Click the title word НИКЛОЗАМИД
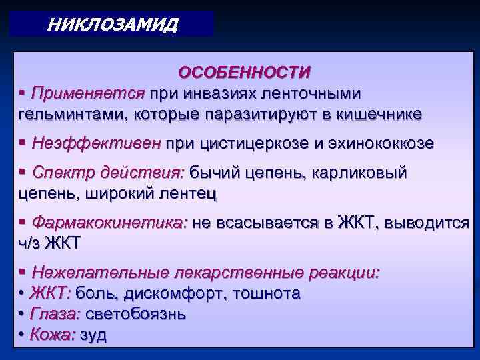[113, 25]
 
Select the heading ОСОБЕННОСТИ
[244, 71]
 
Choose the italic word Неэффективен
[96, 143]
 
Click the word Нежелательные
[100, 273]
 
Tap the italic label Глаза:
[54, 314]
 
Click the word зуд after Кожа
[93, 335]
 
